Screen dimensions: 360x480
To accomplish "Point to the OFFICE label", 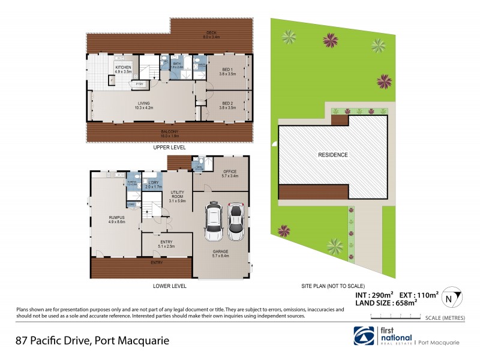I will (x=230, y=173).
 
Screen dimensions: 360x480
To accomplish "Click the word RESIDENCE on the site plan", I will (x=332, y=154).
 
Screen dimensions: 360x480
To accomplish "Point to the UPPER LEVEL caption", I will (x=169, y=147).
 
